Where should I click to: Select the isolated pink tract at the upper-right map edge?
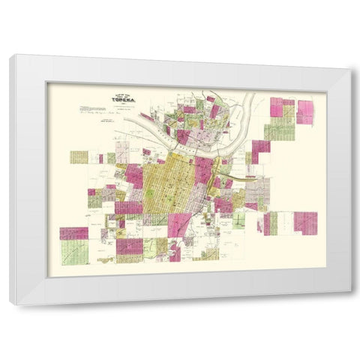pyautogui.click(x=305, y=112)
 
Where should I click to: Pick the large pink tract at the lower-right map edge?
pyautogui.click(x=305, y=223)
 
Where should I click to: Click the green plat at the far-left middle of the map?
pyautogui.click(x=79, y=157)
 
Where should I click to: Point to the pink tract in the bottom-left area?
pyautogui.click(x=73, y=233)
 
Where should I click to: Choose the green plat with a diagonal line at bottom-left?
pyautogui.click(x=74, y=252)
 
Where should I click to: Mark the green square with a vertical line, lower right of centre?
pyautogui.click(x=239, y=220)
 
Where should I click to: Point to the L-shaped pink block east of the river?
pyautogui.click(x=259, y=151)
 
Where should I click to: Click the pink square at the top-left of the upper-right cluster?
pyautogui.click(x=276, y=107)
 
